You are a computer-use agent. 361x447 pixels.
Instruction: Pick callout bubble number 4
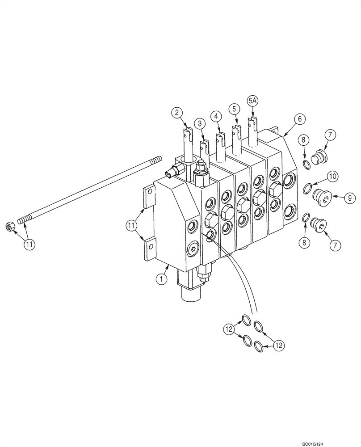click(x=216, y=116)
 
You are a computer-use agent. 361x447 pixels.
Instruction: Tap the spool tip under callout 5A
click(x=253, y=124)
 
